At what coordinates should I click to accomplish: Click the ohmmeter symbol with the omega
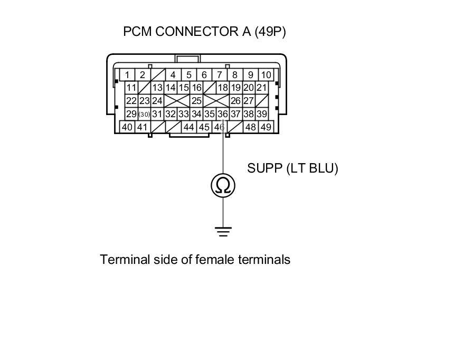click(x=223, y=186)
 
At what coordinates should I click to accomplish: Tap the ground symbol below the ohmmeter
click(x=223, y=231)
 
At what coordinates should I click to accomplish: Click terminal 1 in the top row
click(x=127, y=75)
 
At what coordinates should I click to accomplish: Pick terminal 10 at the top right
click(x=266, y=75)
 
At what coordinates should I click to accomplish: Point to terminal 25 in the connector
click(x=196, y=101)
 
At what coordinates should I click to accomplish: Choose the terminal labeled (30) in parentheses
click(x=144, y=114)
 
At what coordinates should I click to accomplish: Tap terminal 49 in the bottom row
click(x=266, y=127)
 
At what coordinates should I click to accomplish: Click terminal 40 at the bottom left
click(x=127, y=127)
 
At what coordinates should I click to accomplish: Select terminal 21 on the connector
click(x=262, y=88)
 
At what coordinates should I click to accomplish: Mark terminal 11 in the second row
click(x=131, y=88)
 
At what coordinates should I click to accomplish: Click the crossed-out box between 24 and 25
click(x=177, y=101)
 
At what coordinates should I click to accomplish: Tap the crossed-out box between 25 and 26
click(x=216, y=101)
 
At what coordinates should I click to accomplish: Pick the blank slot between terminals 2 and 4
click(x=158, y=75)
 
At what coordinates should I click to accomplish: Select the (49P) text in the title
click(x=270, y=32)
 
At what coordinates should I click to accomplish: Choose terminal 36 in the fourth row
click(x=222, y=114)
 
